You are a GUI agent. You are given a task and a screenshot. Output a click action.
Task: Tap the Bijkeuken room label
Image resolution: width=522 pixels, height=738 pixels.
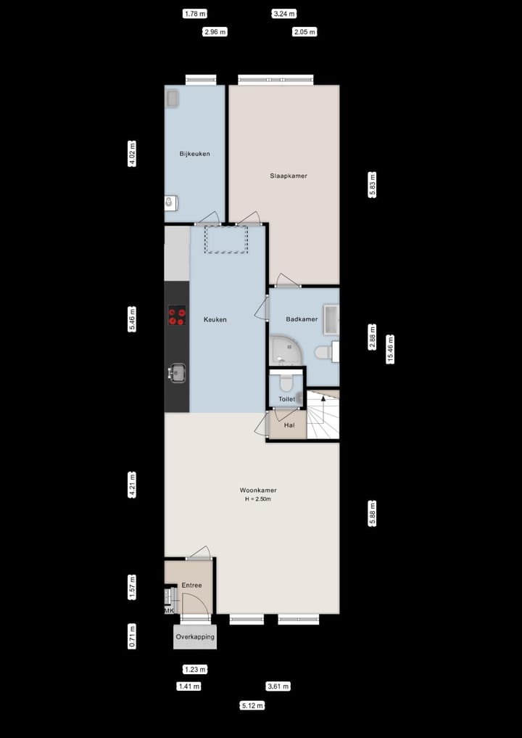(194, 154)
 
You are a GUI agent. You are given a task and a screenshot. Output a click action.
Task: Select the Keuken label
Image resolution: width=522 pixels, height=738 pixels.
(215, 319)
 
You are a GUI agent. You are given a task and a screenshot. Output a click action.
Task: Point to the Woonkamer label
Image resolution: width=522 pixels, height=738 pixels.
(257, 490)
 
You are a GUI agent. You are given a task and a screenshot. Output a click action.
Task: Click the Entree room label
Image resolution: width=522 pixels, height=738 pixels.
(191, 585)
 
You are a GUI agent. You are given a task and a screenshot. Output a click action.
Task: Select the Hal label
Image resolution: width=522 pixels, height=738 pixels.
(289, 426)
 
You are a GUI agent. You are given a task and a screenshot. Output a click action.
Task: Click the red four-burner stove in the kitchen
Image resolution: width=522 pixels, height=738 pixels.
(176, 316)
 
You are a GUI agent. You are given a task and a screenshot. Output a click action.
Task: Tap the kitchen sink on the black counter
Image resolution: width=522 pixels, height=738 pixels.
(176, 372)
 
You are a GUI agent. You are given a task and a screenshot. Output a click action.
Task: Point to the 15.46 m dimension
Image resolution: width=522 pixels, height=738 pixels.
(391, 348)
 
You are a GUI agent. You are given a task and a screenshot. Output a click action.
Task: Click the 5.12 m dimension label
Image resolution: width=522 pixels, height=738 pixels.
(252, 705)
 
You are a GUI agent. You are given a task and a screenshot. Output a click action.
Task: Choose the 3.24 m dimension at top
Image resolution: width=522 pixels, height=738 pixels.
(284, 14)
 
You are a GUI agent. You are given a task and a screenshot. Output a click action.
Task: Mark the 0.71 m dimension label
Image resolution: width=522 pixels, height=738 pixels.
(132, 636)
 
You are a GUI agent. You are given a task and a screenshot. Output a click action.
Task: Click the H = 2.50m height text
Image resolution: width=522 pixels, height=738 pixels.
(257, 499)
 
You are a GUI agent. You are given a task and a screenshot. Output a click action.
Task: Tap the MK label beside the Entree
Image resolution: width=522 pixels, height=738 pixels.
(169, 611)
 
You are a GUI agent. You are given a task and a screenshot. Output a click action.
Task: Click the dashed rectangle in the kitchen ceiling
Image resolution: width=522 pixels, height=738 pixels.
(225, 239)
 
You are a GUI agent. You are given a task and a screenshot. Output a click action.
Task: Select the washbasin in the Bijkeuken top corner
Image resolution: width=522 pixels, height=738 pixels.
(173, 99)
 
